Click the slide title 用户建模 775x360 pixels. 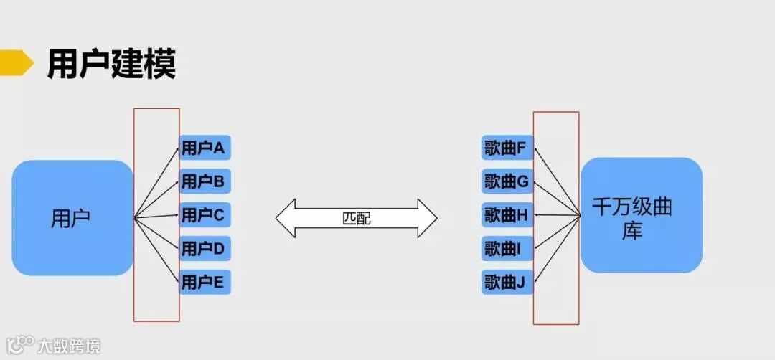coord(111,64)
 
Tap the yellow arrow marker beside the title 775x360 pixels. coord(16,62)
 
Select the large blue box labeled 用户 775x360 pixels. coord(72,218)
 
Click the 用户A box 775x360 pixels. coord(204,148)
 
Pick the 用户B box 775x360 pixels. coord(204,181)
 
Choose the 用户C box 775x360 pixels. coord(204,214)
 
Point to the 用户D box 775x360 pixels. coord(204,248)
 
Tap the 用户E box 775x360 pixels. coord(204,281)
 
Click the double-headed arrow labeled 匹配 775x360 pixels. coord(357,218)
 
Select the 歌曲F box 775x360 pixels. coord(507,148)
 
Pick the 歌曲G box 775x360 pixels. coord(507,181)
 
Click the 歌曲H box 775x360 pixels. coord(507,215)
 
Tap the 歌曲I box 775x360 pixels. coord(507,248)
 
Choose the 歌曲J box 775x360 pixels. coord(507,281)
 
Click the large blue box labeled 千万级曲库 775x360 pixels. coord(641,215)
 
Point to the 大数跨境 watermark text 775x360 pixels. coord(69,346)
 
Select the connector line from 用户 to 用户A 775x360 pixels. coord(156,182)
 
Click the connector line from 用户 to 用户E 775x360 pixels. coord(156,249)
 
